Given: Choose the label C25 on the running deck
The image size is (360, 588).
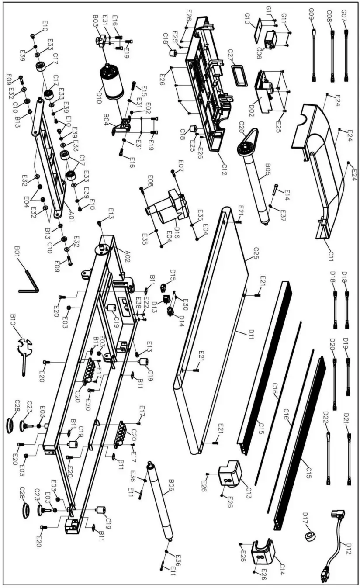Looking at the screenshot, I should (x=248, y=253).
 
